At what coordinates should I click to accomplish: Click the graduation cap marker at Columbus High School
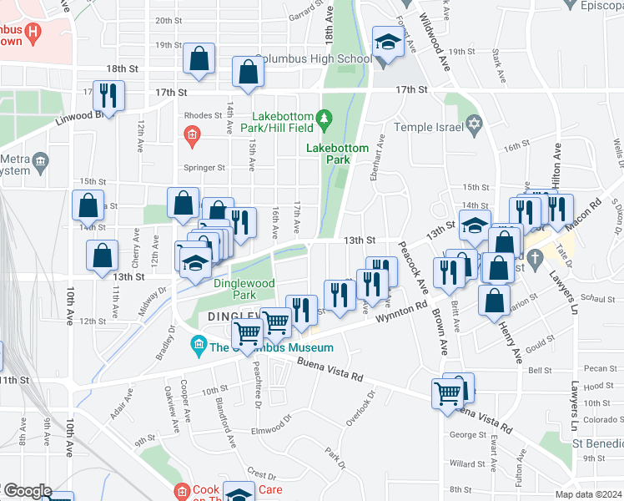[388, 41]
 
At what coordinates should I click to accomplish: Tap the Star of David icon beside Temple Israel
[474, 124]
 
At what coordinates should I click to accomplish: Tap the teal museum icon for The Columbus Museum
[199, 343]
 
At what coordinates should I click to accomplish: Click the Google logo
[27, 491]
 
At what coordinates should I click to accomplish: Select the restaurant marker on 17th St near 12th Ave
[108, 96]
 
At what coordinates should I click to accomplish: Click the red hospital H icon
[33, 34]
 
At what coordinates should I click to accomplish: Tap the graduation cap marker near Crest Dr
[240, 495]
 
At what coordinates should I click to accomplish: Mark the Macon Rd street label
[585, 217]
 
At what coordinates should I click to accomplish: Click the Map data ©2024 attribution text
[588, 494]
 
